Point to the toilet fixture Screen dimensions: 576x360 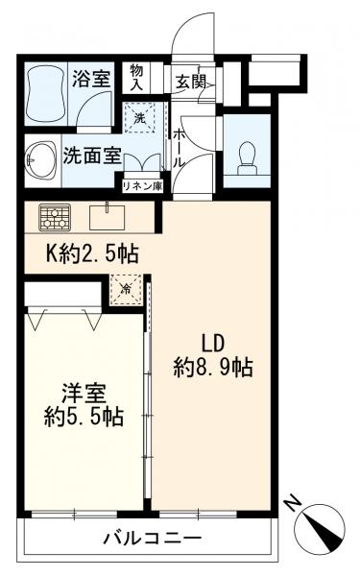246,154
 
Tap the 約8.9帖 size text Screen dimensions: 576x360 213,367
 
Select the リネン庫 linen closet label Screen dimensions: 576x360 140,186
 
